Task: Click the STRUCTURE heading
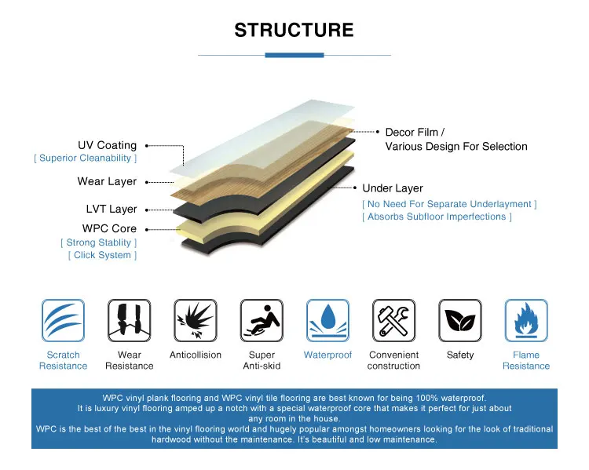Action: [294, 30]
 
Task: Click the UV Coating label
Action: [108, 145]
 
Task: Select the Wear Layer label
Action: [107, 181]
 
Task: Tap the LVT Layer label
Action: [112, 209]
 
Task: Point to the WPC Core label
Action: [109, 228]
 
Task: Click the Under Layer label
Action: [393, 188]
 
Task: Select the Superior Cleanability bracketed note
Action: [86, 158]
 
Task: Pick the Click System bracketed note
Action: [102, 255]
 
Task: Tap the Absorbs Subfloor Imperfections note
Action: [437, 217]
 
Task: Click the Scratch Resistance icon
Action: [63, 321]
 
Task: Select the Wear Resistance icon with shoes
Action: [130, 321]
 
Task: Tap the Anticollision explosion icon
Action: [196, 321]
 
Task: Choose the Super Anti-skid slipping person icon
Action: [262, 321]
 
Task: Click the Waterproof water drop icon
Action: [327, 321]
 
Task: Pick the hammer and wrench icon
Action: [393, 321]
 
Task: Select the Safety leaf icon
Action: [459, 321]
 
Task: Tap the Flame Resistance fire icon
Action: [526, 321]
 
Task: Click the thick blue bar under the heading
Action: [294, 55]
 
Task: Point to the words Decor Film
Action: [412, 132]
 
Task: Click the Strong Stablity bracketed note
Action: [98, 242]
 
